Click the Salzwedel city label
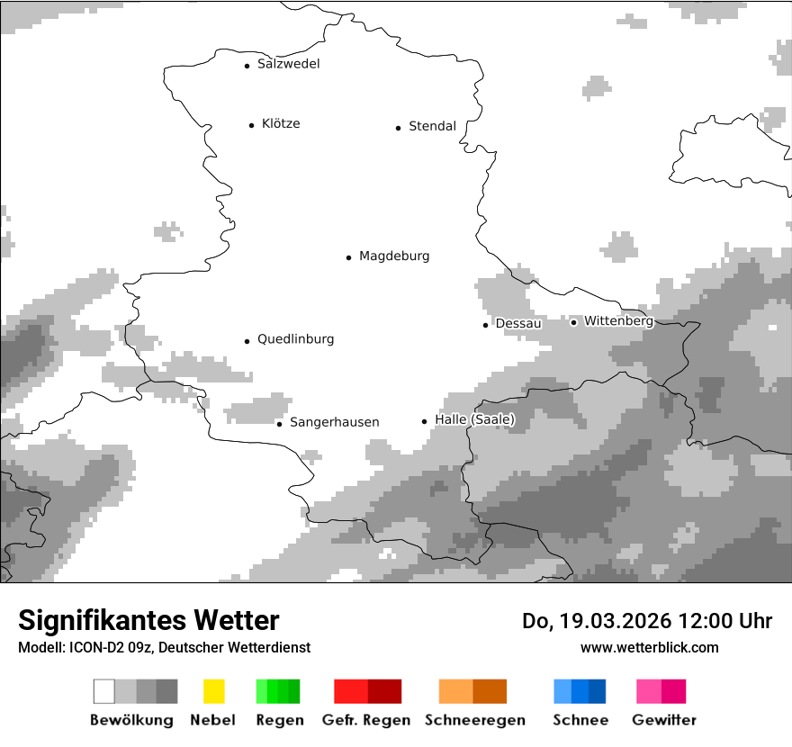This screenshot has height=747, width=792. coord(288,64)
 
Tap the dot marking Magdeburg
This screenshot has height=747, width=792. coord(348,257)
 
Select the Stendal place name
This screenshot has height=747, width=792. coord(432,127)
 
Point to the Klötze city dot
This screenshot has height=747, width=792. coord(251,125)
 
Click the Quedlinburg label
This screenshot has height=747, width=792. coord(295,339)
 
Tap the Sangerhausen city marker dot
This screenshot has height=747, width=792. coord(279,424)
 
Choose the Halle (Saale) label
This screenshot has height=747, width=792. coord(474,420)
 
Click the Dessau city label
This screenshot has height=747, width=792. coord(518,324)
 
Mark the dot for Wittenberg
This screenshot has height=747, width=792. coord(573,322)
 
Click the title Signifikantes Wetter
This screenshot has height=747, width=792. coord(148,620)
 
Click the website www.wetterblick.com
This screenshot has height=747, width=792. coord(649,647)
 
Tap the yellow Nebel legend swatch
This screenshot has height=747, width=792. coord(213,691)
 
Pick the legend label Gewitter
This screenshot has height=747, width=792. coord(664,720)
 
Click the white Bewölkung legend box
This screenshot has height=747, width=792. coord(104,691)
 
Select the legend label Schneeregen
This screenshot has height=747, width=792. coord(475,720)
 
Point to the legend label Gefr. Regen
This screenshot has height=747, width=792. coord(365,720)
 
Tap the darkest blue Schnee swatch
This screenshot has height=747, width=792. coord(598,691)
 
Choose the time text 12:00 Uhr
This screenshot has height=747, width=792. coord(730,621)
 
